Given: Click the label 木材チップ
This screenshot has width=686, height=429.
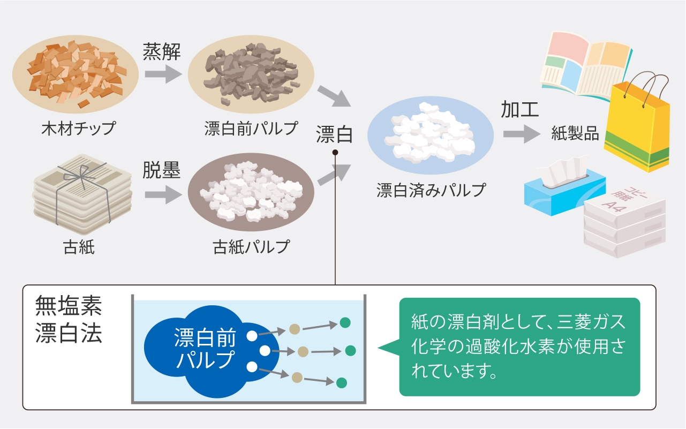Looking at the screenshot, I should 79,129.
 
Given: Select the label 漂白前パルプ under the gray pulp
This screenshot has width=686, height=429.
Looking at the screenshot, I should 251,129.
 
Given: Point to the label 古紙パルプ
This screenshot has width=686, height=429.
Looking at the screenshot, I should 251,247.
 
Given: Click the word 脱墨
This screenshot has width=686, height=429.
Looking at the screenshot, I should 161,170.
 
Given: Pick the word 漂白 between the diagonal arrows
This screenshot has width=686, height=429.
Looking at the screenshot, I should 334,134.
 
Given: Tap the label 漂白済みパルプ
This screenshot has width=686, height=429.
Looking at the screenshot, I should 431,190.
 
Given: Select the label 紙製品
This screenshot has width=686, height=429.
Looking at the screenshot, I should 575,133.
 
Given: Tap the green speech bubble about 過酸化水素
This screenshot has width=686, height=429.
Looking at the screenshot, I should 519,347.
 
